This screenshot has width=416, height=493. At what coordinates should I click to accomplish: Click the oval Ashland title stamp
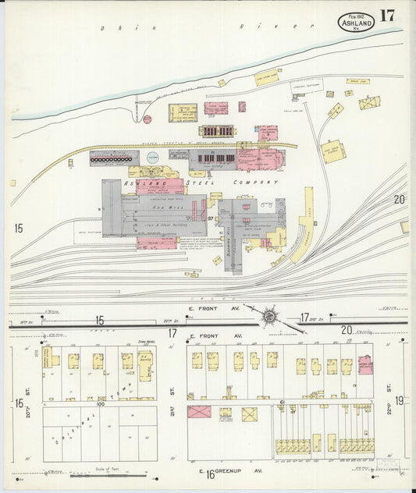[356, 22]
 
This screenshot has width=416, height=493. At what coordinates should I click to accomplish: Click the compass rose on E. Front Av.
[269, 316]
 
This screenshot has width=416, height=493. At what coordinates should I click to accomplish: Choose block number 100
[101, 404]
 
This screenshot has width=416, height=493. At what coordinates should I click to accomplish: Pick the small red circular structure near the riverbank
[147, 119]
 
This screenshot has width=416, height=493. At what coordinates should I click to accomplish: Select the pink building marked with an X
[199, 412]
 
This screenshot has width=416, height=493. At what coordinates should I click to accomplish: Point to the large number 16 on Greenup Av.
[210, 473]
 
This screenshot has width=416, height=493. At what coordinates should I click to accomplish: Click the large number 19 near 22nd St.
[399, 400]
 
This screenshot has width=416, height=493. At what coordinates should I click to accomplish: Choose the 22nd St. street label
[388, 386]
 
